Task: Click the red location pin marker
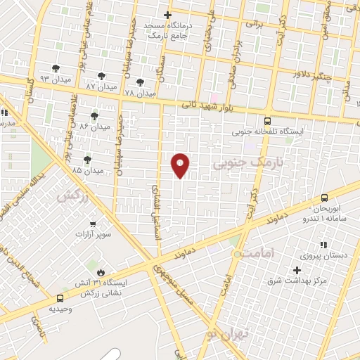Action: click(181, 165)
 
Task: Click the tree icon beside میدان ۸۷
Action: click(103, 75)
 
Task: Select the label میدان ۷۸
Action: click(139, 93)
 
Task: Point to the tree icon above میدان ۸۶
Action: click(94, 115)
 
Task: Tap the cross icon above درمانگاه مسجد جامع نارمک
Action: click(167, 15)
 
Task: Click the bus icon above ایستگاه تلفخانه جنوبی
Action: click(266, 120)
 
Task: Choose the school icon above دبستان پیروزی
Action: click(323, 245)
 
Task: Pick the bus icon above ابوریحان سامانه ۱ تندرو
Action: click(324, 198)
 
